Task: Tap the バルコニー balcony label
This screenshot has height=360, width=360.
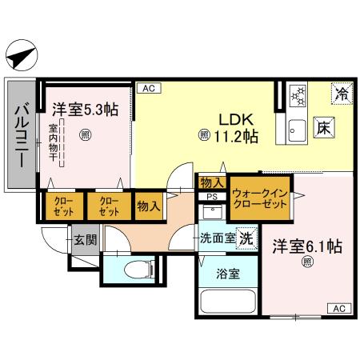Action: [22, 134]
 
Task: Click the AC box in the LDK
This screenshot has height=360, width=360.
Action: [147, 89]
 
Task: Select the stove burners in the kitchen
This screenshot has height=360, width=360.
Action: [296, 94]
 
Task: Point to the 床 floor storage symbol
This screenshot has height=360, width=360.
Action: [322, 127]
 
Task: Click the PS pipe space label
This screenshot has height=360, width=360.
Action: [211, 195]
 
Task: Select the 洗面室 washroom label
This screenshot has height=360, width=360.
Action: [218, 238]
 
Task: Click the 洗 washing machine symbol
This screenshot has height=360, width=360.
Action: [248, 238]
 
